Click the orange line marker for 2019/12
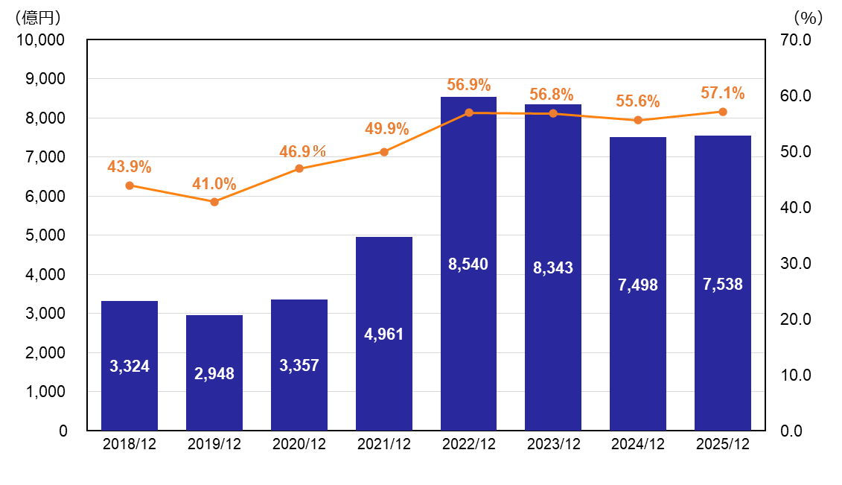(x=214, y=202)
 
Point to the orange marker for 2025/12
(x=723, y=112)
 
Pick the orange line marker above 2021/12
(x=384, y=152)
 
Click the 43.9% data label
(x=130, y=167)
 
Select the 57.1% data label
(x=723, y=93)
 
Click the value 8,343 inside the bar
(x=553, y=268)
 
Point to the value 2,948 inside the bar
(x=214, y=374)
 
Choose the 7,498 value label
(x=638, y=285)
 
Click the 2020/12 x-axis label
(x=299, y=445)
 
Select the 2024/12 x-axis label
(x=638, y=445)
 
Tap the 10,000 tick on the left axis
(x=42, y=39)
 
